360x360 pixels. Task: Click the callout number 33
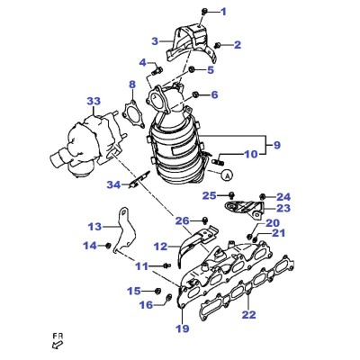94,102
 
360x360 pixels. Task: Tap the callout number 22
249,315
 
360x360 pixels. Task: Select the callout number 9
276,145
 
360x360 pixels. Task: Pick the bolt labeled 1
203,12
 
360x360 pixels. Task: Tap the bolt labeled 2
218,45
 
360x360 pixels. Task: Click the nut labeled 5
192,70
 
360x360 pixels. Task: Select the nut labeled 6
195,94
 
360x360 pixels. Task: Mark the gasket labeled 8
131,114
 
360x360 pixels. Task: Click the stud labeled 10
217,162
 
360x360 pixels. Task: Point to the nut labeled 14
109,246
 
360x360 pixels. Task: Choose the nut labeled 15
157,291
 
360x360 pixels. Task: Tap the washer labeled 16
169,297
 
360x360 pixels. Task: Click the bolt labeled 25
231,195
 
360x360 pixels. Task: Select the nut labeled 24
262,197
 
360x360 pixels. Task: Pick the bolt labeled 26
205,220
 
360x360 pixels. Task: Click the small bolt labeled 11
167,265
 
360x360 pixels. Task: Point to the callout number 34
113,185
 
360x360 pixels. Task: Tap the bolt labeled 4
157,71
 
